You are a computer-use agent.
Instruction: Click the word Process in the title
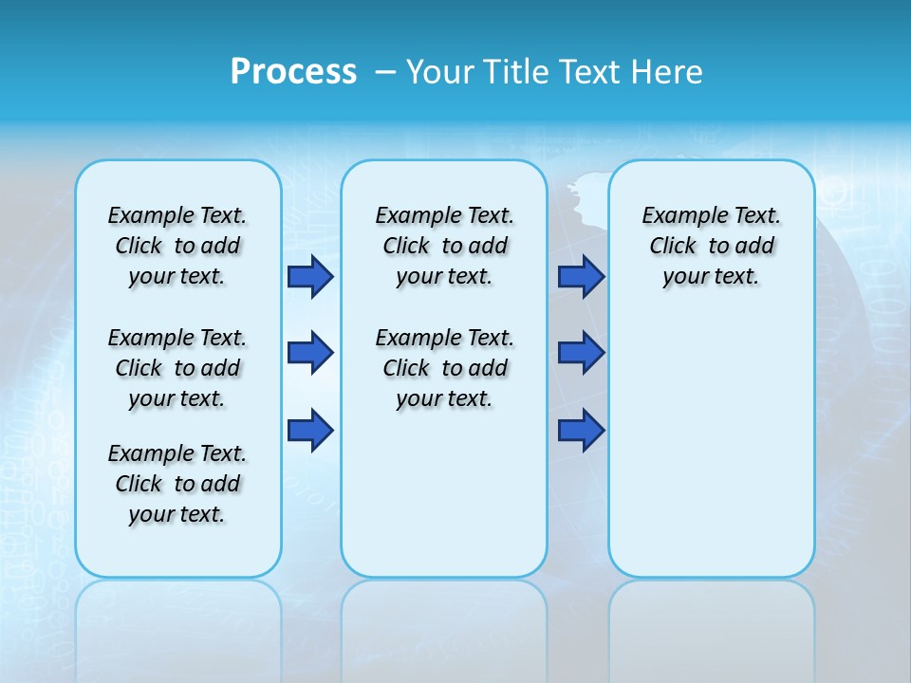tap(293, 71)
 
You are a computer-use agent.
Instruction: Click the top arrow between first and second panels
tap(310, 276)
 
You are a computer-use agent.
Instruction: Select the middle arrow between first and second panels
tap(310, 353)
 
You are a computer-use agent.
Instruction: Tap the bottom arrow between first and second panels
tap(310, 431)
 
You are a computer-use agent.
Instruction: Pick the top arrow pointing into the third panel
tap(581, 276)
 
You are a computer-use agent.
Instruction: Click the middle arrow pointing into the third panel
tap(581, 353)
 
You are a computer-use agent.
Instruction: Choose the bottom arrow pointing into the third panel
tap(581, 431)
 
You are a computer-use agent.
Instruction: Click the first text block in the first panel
tap(177, 246)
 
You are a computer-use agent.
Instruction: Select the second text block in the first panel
tap(177, 368)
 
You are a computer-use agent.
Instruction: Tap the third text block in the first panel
tap(177, 484)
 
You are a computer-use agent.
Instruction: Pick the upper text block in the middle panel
tap(444, 246)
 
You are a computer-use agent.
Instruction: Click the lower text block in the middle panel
tap(444, 368)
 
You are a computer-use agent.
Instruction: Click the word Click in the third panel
tap(673, 247)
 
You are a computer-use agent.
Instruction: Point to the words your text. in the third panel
tap(711, 277)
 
